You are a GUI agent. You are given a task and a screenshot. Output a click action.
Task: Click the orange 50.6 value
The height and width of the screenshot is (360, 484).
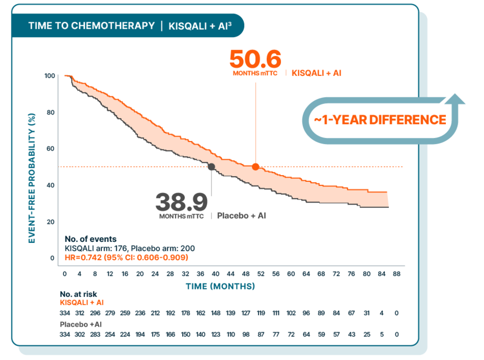tap(255, 59)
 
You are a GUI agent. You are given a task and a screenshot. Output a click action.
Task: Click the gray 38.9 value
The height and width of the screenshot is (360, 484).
tap(181, 202)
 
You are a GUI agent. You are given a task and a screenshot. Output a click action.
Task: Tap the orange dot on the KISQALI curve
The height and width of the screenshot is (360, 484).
tap(255, 167)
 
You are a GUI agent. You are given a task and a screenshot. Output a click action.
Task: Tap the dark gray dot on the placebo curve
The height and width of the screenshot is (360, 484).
tap(211, 167)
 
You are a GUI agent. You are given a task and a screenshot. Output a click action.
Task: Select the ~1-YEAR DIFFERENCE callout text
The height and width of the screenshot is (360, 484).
tap(380, 120)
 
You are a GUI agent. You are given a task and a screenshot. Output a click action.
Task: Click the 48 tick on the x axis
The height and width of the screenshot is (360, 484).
tap(245, 274)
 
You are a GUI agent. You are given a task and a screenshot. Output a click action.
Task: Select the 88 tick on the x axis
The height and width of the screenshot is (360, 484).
tap(396, 274)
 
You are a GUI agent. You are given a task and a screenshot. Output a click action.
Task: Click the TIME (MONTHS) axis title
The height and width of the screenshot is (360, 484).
tap(220, 286)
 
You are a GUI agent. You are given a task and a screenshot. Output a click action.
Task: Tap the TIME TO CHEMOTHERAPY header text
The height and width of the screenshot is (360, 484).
tap(91, 26)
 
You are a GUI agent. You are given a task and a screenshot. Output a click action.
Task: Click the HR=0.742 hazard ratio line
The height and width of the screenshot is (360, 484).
tap(126, 258)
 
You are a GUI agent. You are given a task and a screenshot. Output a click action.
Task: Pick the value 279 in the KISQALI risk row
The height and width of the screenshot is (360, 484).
tap(110, 313)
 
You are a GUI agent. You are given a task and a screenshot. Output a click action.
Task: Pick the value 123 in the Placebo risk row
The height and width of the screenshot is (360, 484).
tap(216, 334)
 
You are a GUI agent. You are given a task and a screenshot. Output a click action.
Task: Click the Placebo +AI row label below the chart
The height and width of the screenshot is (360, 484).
tap(80, 324)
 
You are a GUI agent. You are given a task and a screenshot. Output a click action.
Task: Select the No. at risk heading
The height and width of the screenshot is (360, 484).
tap(78, 295)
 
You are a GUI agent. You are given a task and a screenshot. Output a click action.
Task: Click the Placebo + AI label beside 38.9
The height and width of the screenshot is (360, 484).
tap(241, 216)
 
